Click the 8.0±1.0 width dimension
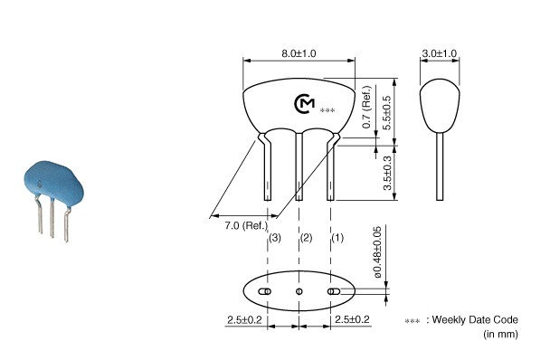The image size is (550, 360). pyautogui.click(x=299, y=53)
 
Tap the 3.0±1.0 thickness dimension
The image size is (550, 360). pyautogui.click(x=439, y=53)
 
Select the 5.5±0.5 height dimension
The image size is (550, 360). pyautogui.click(x=387, y=113)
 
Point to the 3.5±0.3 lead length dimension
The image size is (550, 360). pyautogui.click(x=387, y=173)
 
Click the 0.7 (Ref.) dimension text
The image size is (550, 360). pyautogui.click(x=366, y=107)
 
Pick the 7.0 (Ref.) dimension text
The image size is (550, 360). pyautogui.click(x=246, y=225)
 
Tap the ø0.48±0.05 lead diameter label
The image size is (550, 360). pyautogui.click(x=377, y=252)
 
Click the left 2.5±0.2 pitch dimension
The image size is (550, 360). pyautogui.click(x=244, y=320)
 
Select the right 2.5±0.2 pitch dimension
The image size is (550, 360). pyautogui.click(x=352, y=319)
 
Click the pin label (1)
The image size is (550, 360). pyautogui.click(x=337, y=238)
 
